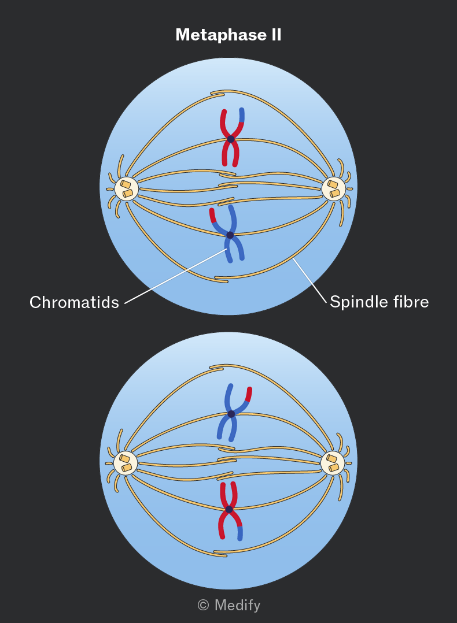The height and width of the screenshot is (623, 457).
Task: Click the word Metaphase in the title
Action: pyautogui.click(x=221, y=35)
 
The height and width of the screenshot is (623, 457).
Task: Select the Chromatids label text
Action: pyautogui.click(x=75, y=302)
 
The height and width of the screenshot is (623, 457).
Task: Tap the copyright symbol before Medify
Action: pyautogui.click(x=203, y=605)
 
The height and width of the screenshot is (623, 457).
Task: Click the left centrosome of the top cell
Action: pyautogui.click(x=127, y=189)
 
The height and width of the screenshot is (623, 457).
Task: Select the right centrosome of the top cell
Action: pyautogui.click(x=333, y=189)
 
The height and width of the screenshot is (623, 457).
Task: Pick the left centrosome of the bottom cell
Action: pyautogui.click(x=126, y=463)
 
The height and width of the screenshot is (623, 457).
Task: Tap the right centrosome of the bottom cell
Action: pyautogui.click(x=333, y=463)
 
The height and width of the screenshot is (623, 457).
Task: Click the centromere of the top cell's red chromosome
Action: pyautogui.click(x=231, y=139)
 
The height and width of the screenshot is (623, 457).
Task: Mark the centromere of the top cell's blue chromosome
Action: pyautogui.click(x=230, y=235)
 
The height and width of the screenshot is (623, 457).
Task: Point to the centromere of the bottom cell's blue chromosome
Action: pyautogui.click(x=231, y=414)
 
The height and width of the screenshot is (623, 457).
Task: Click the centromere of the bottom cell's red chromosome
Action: pyautogui.click(x=229, y=509)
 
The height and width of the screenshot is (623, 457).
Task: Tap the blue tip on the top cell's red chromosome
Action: pyautogui.click(x=242, y=115)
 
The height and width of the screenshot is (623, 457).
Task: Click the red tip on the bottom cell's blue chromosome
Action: pyautogui.click(x=249, y=395)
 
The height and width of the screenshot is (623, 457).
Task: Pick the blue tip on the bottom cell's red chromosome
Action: pyautogui.click(x=240, y=533)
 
